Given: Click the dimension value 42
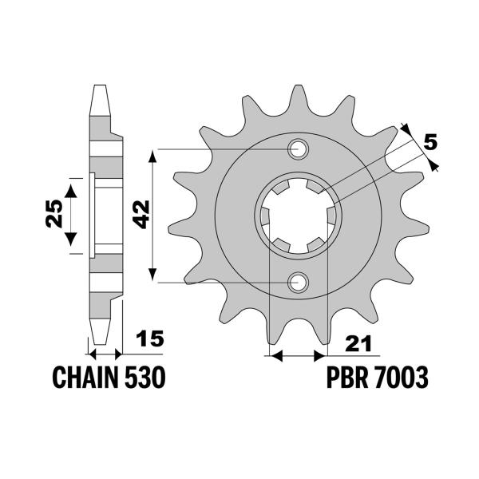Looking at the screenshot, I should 141,215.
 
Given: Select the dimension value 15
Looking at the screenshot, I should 150,339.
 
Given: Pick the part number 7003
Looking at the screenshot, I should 404,377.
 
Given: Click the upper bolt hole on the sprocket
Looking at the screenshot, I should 299,148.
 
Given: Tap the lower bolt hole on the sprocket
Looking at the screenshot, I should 299,281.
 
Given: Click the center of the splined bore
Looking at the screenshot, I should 299,216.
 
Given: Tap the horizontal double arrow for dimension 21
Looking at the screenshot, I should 299,353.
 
